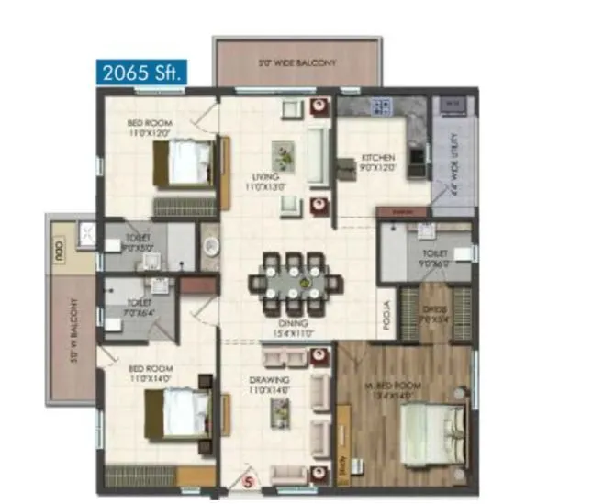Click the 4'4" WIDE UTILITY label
(x=451, y=167)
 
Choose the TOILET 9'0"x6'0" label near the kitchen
(x=435, y=257)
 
